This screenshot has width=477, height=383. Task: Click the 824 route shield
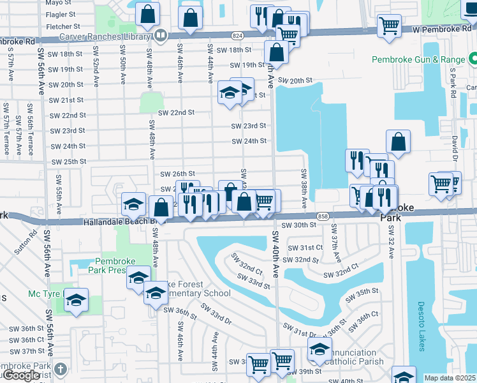pos(237,37)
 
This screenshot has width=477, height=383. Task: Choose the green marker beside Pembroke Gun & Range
pos(473,59)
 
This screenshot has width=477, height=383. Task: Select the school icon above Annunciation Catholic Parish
pos(319,349)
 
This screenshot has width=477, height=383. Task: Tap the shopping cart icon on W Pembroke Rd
pos(388,26)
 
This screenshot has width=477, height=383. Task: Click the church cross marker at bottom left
pos(60,369)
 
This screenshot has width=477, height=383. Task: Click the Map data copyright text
pos(450,378)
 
